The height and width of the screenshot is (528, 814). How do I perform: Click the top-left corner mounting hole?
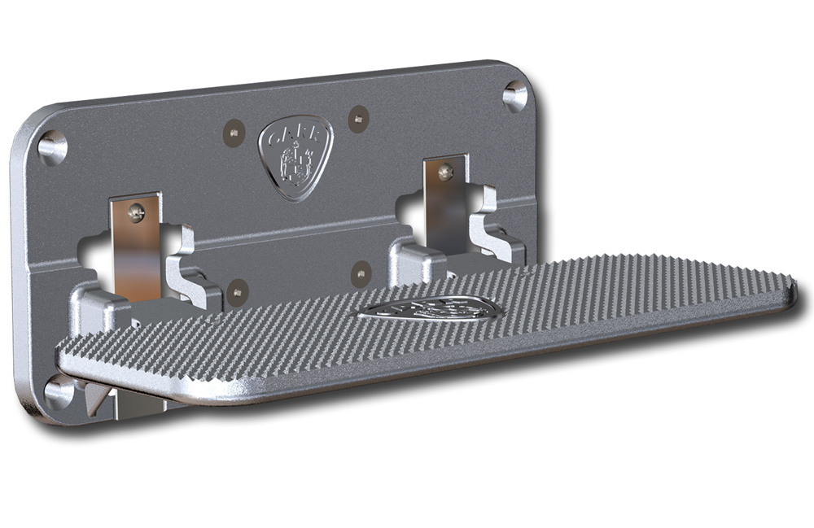(51, 147)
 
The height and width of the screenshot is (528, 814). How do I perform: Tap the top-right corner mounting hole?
(514, 95)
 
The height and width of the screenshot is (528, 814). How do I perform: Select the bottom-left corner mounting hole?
(57, 392)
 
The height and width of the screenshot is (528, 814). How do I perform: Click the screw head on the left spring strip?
(137, 212)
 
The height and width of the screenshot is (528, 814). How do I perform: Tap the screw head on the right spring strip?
(445, 172)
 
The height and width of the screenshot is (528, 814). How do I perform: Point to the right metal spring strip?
(446, 207)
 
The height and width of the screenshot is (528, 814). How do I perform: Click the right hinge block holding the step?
(416, 259)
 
